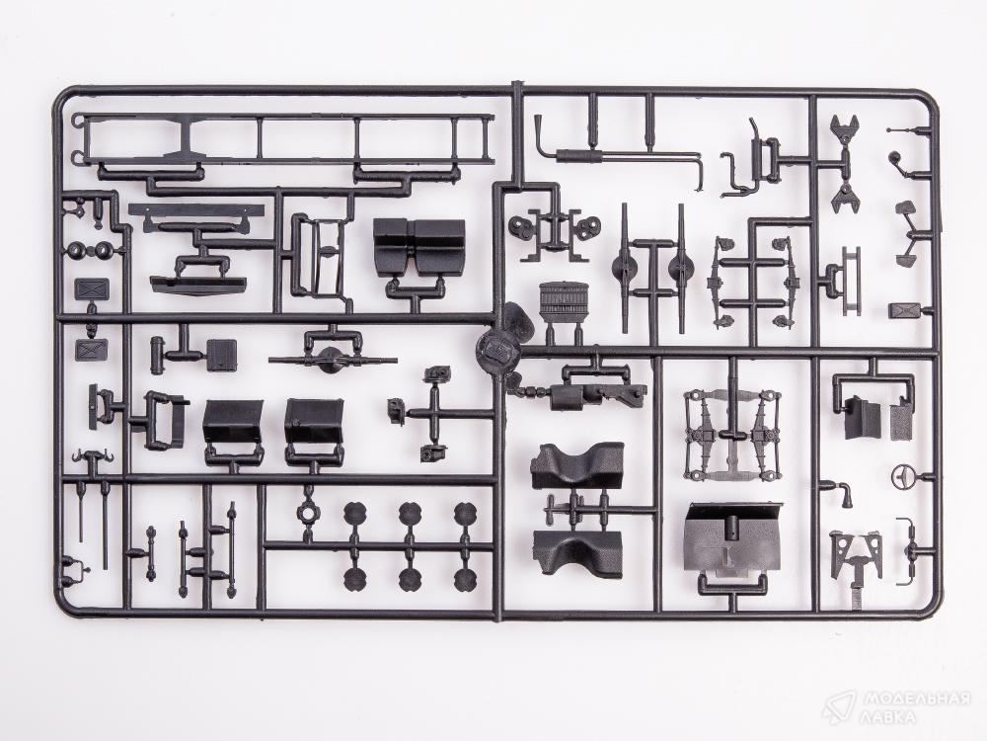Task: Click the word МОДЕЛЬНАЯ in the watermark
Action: [x=916, y=700]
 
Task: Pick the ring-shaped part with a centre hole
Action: [x=308, y=512]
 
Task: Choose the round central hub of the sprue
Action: [x=496, y=349]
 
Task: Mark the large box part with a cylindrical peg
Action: [x=732, y=536]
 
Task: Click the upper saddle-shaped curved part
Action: [x=577, y=465]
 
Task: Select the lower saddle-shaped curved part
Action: [x=577, y=552]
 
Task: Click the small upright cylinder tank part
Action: [x=156, y=356]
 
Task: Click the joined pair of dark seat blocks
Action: [x=419, y=246]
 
